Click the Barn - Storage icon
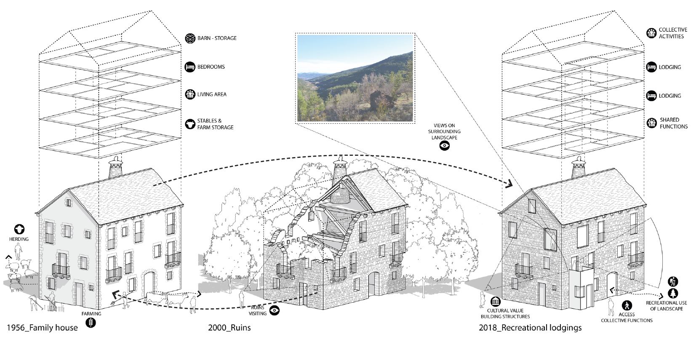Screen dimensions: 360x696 (190, 38)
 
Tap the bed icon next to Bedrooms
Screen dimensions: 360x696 (190, 67)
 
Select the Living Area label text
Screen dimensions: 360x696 (212, 94)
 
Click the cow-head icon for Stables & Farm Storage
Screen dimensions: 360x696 (190, 124)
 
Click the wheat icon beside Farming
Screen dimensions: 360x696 (91, 323)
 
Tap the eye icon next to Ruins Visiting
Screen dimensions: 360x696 (275, 311)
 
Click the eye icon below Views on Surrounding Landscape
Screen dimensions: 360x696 (445, 146)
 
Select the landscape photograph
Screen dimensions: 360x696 (355, 78)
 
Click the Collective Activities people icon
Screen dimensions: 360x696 (651, 33)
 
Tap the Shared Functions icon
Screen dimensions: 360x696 (651, 123)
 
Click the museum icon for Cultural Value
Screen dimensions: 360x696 (496, 301)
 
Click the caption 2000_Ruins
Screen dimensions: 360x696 (229, 328)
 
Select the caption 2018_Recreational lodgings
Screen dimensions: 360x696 (530, 328)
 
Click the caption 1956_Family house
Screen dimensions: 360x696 (42, 328)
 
